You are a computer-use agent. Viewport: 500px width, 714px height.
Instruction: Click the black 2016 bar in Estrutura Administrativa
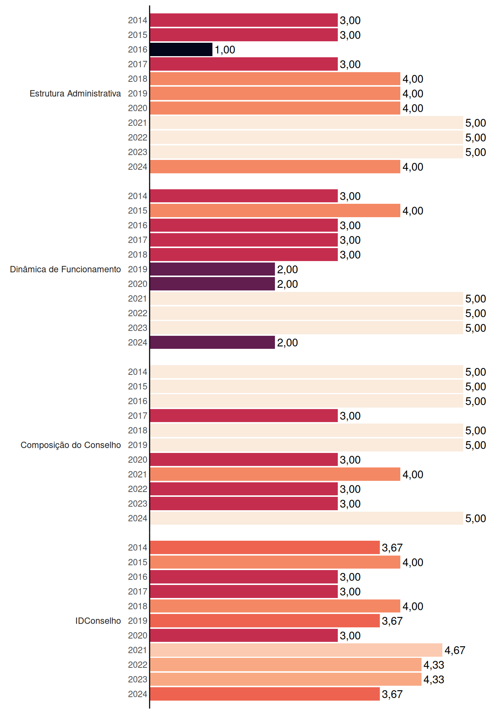click(181, 49)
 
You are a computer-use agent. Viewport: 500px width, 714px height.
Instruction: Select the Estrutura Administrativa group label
click(75, 93)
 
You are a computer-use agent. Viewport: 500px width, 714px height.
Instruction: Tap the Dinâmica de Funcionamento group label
click(65, 269)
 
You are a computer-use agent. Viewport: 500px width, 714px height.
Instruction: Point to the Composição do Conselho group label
click(71, 445)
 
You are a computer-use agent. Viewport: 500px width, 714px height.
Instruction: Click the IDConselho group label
click(98, 621)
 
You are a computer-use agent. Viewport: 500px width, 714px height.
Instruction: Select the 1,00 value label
click(225, 50)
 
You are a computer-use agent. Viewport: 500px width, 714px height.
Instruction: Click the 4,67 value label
click(455, 650)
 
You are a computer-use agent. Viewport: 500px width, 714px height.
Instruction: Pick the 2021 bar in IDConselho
click(296, 650)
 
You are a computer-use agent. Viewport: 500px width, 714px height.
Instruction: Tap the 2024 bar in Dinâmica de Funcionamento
click(212, 342)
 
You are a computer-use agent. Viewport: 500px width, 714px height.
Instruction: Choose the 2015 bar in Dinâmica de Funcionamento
click(275, 210)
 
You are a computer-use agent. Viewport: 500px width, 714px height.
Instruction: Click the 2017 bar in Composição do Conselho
click(244, 416)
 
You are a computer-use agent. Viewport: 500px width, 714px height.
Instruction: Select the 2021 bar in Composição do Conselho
click(275, 474)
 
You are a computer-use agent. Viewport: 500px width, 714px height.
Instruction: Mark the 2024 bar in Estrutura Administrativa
click(275, 167)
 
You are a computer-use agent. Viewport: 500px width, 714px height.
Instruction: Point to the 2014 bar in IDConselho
click(265, 547)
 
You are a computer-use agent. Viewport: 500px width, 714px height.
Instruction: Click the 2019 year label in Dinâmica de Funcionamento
click(138, 269)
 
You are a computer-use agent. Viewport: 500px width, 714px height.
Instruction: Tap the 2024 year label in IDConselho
click(138, 694)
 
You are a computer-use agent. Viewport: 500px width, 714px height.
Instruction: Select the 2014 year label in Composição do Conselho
click(138, 372)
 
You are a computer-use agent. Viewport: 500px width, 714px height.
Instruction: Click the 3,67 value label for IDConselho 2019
click(392, 621)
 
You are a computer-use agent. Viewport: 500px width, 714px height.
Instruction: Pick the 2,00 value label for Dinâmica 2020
click(287, 284)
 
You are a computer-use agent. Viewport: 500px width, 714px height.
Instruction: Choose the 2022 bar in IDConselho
click(286, 665)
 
